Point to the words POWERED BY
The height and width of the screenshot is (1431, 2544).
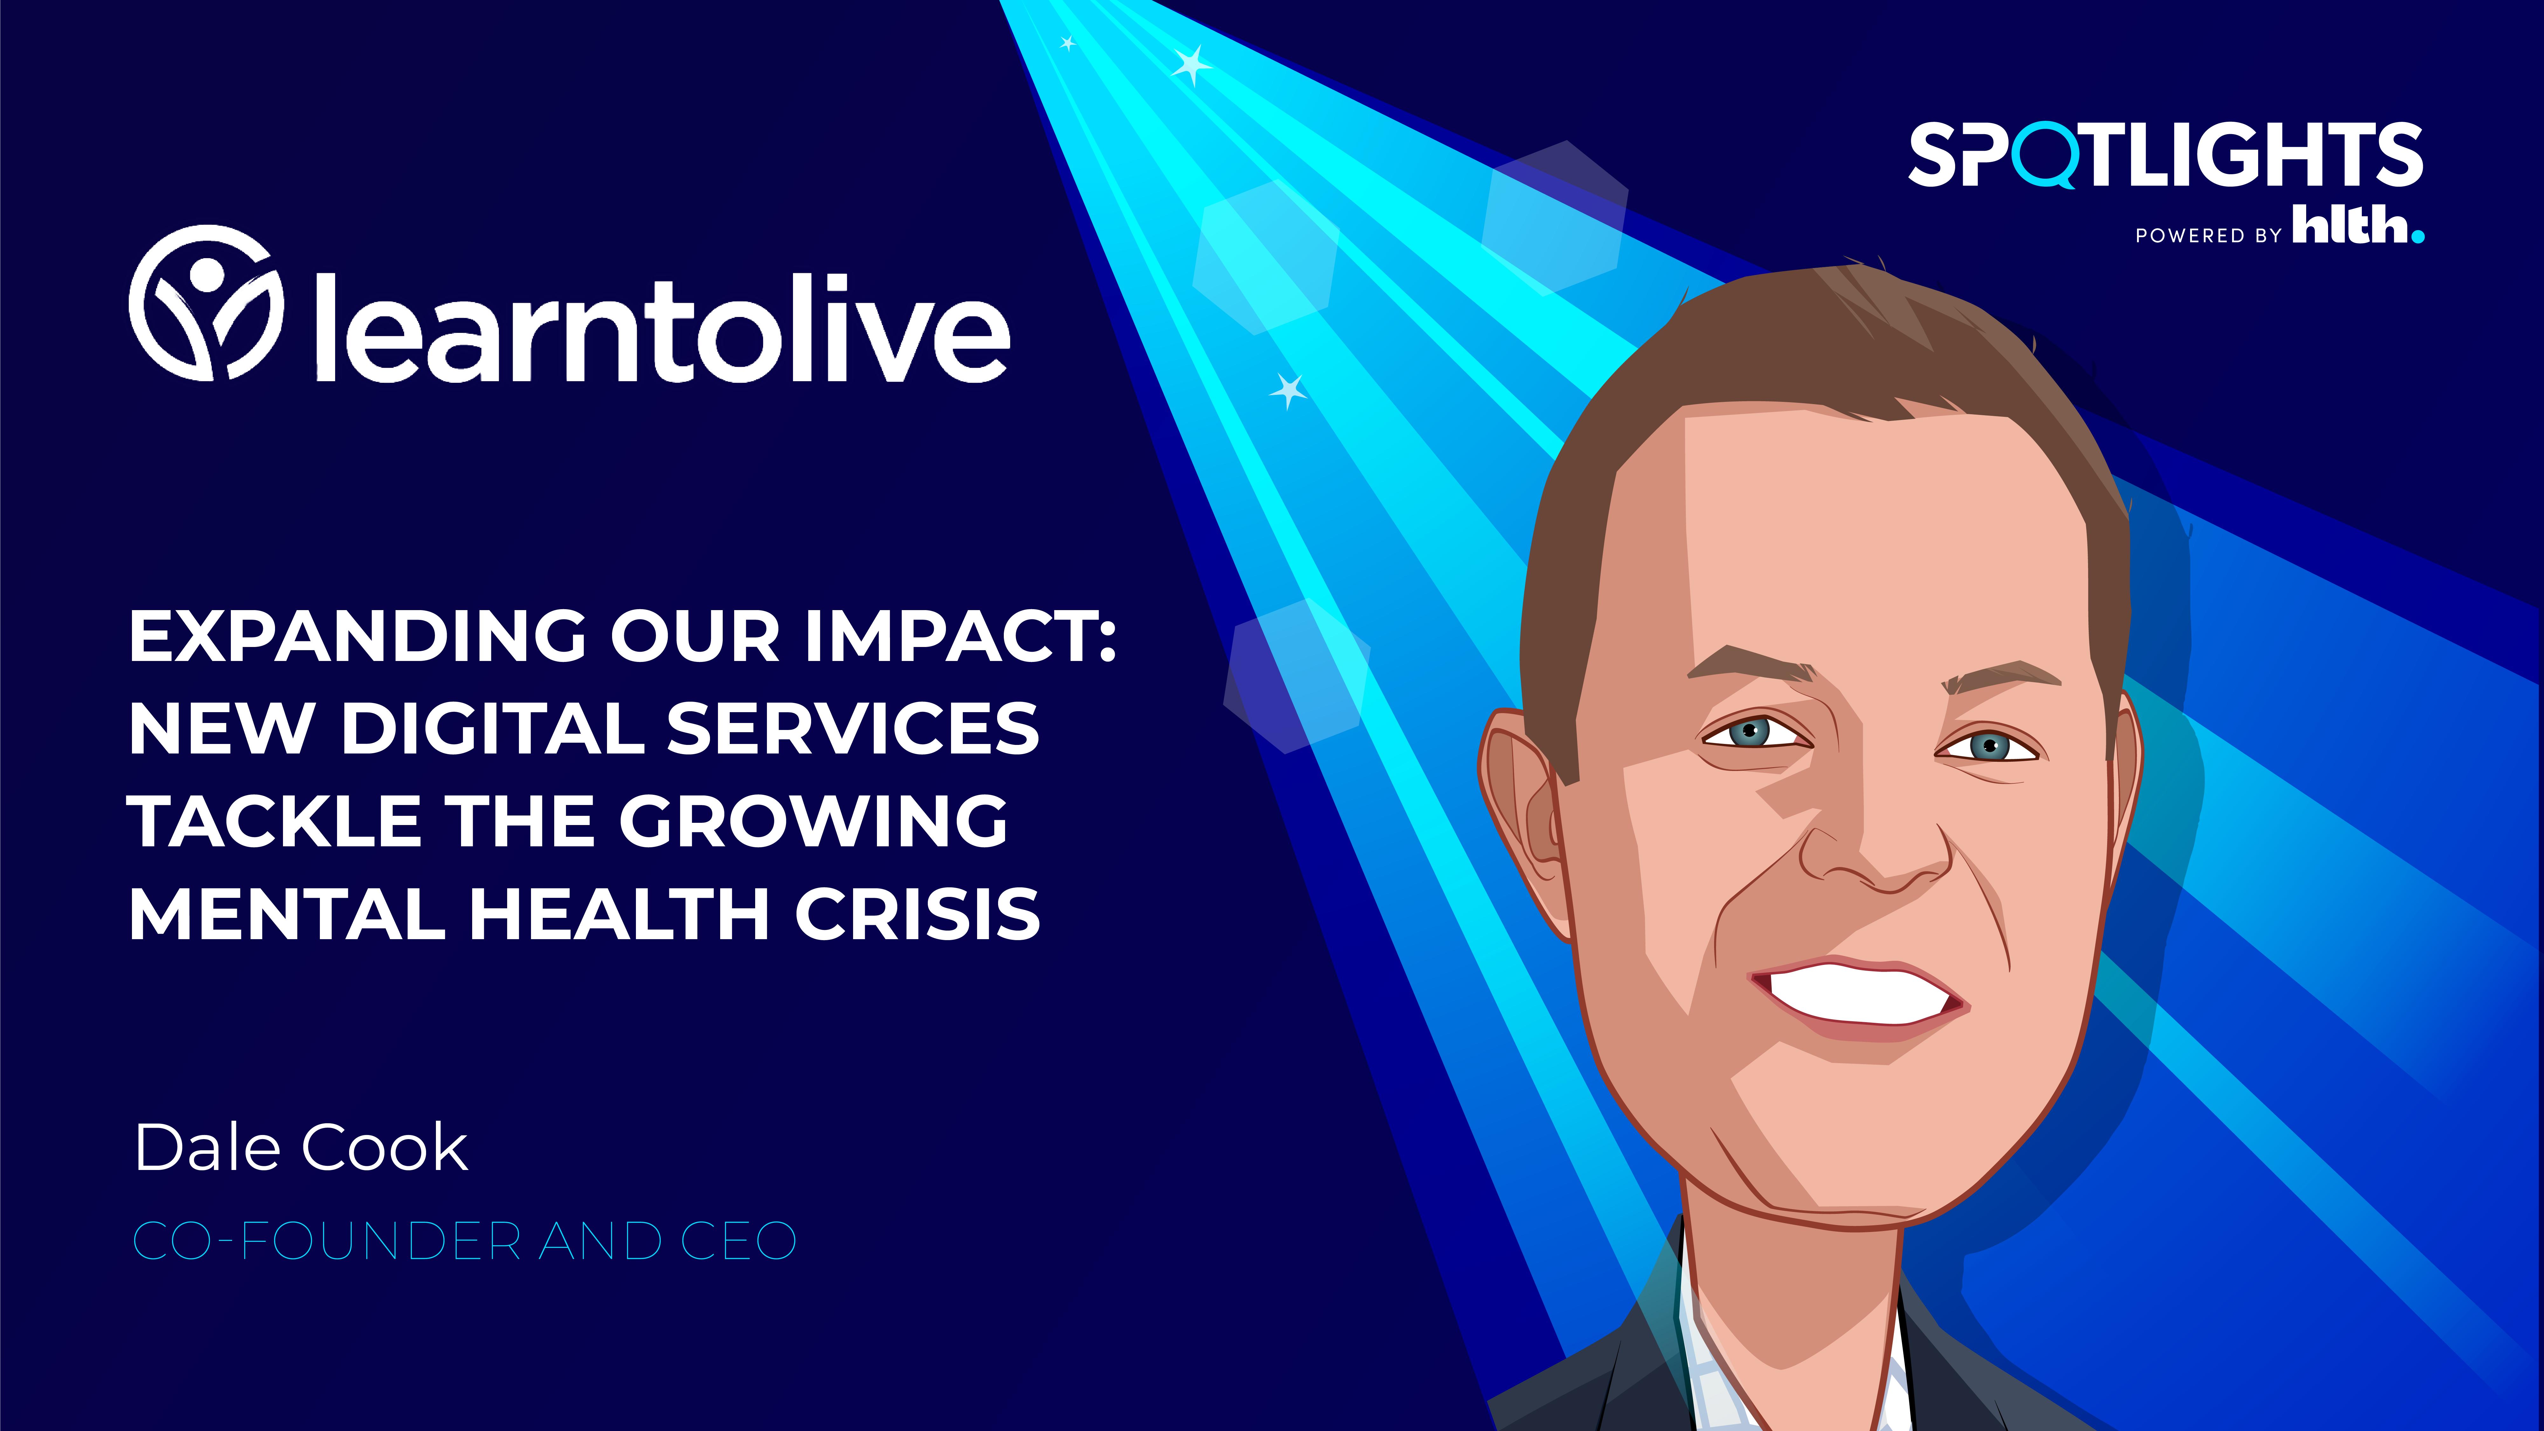(2208, 235)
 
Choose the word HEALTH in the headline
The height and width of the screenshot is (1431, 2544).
(619, 913)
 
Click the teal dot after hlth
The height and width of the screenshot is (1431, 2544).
(2417, 236)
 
